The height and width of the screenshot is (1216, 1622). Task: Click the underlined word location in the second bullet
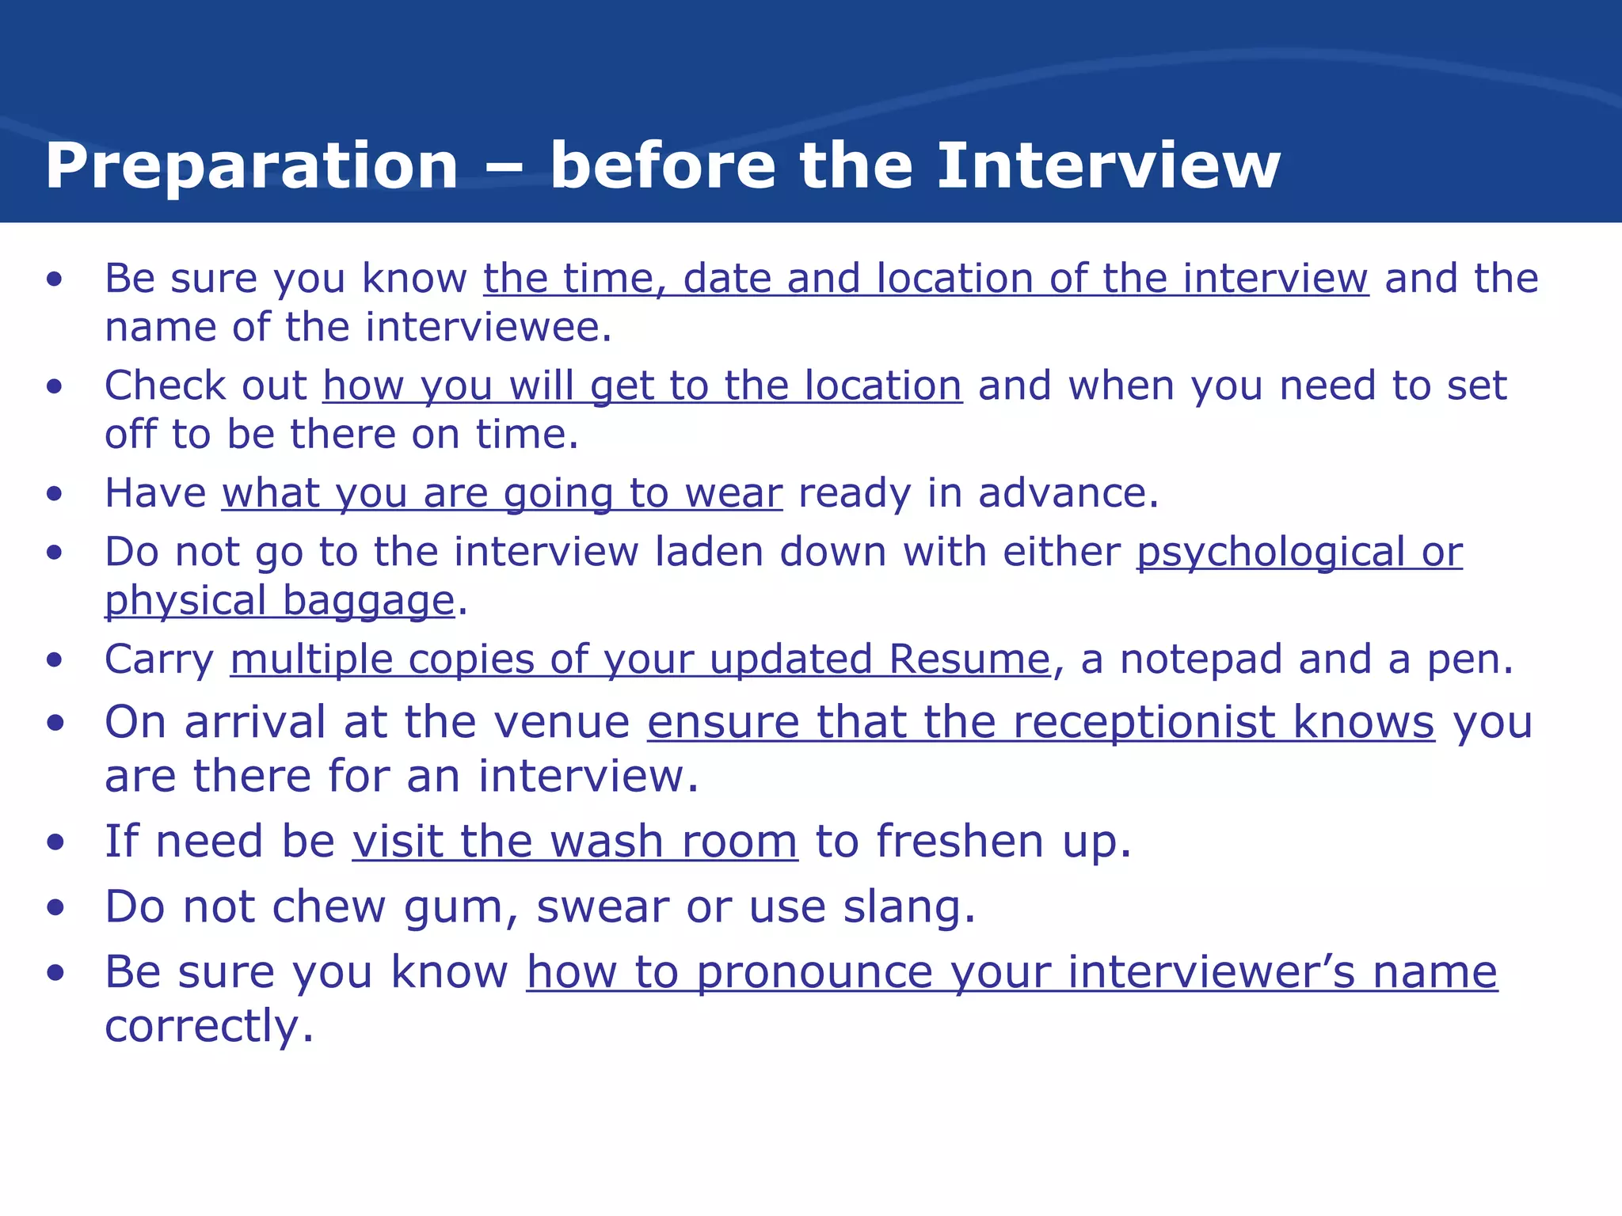pyautogui.click(x=883, y=386)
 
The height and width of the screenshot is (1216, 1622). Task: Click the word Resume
pyautogui.click(x=969, y=659)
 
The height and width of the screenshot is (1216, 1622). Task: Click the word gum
pyautogui.click(x=453, y=908)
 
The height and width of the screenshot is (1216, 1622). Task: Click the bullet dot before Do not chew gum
pyautogui.click(x=55, y=908)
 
